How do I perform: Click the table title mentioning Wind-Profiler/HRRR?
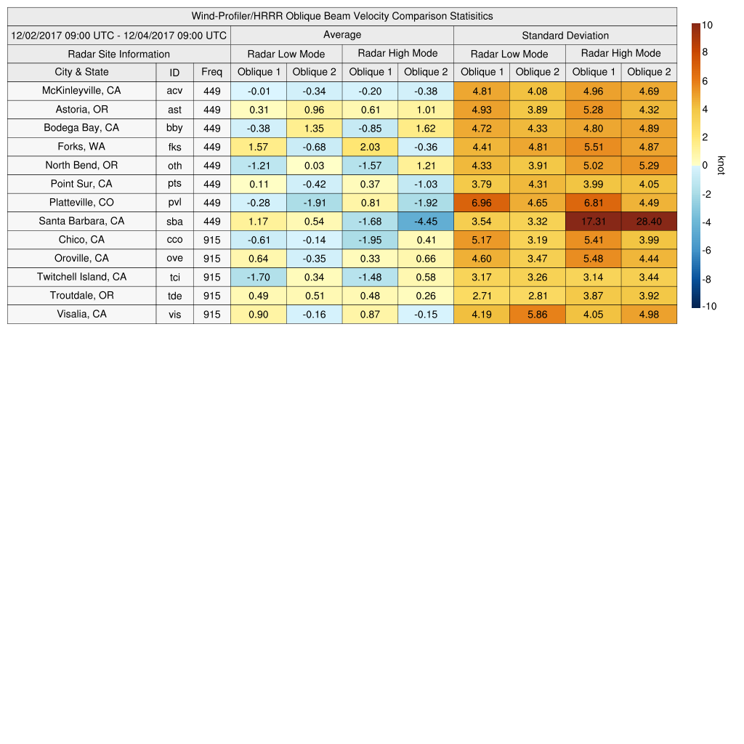pos(342,16)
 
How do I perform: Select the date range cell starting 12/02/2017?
pos(119,35)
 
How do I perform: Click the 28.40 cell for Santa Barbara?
pos(649,221)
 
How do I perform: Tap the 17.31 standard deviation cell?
pos(594,221)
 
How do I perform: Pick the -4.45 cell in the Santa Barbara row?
pos(426,221)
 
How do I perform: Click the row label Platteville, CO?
pos(81,202)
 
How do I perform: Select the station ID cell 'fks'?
pos(174,147)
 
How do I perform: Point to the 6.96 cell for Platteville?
pos(482,202)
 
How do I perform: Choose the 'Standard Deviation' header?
pos(565,35)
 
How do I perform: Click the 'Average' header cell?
pos(342,35)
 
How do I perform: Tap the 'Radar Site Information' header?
pos(119,54)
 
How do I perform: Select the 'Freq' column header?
pos(212,72)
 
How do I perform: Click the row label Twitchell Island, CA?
pos(81,277)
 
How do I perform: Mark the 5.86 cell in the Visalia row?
pos(538,314)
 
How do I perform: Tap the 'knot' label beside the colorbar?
pos(721,165)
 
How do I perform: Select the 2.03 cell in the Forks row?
pos(370,147)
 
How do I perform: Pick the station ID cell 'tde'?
pos(174,296)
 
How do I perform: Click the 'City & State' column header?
pos(81,72)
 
